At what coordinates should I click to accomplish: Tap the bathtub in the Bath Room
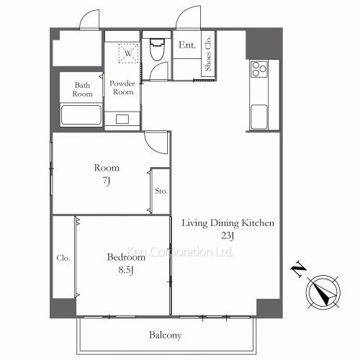click(81, 115)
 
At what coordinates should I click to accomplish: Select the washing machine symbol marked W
click(128, 53)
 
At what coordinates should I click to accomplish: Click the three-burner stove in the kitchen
click(259, 69)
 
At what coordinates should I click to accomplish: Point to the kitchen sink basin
click(259, 117)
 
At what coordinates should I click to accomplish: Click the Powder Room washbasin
click(122, 119)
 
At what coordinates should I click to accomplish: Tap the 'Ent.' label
click(187, 45)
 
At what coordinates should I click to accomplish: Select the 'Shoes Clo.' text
click(208, 53)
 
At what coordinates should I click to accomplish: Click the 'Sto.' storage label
click(161, 191)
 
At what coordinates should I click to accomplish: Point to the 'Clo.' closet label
click(63, 258)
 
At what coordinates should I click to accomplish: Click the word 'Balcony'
click(165, 336)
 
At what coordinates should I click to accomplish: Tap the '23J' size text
click(228, 236)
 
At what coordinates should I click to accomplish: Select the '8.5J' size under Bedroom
click(126, 270)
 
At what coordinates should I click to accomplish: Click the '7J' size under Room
click(107, 181)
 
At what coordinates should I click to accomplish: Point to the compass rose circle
click(323, 292)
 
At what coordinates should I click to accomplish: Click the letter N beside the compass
click(298, 269)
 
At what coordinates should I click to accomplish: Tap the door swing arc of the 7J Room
click(152, 147)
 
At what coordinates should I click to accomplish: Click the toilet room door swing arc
click(156, 66)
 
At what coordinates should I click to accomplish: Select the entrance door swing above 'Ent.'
click(184, 13)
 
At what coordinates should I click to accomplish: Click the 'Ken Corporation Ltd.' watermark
click(179, 252)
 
